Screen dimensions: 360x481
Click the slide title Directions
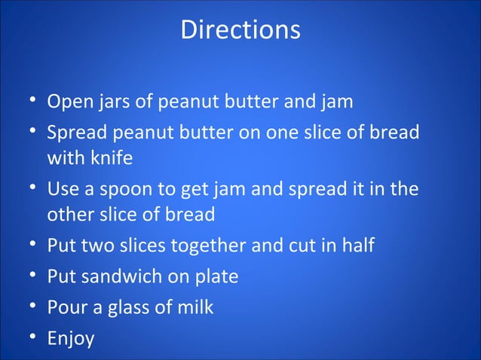coord(240,30)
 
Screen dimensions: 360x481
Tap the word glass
coord(134,307)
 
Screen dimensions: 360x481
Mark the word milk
coord(195,307)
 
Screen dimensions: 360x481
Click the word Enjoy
coord(71,339)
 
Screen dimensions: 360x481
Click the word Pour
coord(66,307)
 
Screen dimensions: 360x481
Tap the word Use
coord(63,189)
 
